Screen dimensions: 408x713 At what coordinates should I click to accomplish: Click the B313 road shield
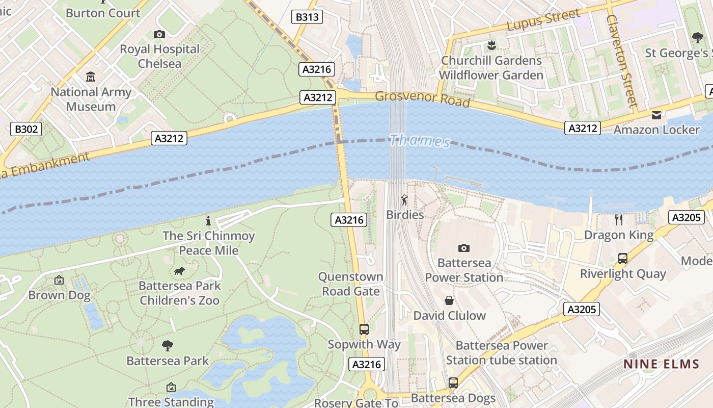coord(308,17)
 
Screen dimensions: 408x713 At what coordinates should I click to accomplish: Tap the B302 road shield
coord(26,129)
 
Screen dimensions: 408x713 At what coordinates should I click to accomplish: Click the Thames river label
coord(420,141)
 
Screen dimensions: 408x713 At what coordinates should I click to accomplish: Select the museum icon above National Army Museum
coord(91,77)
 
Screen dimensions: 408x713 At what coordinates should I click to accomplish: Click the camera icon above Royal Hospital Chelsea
coord(159,34)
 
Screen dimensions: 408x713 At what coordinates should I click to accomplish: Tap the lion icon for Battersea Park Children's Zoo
coord(179,271)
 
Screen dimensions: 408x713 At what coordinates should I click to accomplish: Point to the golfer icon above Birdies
coord(404,199)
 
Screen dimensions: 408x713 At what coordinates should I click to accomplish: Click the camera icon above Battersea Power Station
coord(463,248)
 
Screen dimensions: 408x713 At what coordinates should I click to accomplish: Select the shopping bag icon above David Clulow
coord(449,300)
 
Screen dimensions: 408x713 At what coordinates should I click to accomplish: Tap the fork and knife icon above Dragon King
coord(619,220)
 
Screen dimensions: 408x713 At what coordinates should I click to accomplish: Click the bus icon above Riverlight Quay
coord(623,259)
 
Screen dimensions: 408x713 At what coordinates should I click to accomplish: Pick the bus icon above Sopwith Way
coord(364,329)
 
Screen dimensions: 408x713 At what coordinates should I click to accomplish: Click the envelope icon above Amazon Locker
coord(656,115)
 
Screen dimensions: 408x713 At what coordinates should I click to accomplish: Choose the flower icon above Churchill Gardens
coord(491,45)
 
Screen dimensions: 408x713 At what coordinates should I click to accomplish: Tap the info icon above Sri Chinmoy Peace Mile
coord(208,221)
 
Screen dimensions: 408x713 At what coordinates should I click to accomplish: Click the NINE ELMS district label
coord(661,364)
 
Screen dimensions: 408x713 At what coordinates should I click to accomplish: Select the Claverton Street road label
coord(622,60)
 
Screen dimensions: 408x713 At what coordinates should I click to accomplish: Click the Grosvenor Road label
coord(422,99)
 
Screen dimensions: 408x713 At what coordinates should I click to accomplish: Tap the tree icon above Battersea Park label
coord(168,346)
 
